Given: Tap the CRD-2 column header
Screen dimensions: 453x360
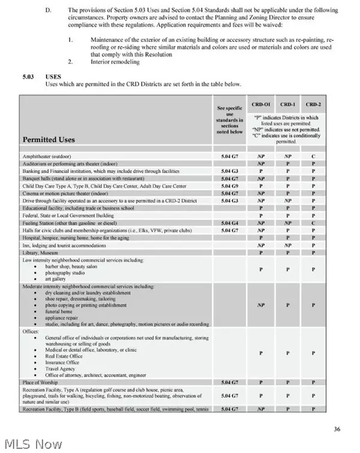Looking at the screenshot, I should tap(313, 104).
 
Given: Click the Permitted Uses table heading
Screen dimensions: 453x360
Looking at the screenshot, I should tap(49, 139).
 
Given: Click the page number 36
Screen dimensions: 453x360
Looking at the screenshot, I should tap(337, 428).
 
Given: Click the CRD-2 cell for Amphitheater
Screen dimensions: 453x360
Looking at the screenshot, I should tap(313, 155).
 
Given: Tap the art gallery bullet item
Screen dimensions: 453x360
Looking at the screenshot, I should tap(56, 279).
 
